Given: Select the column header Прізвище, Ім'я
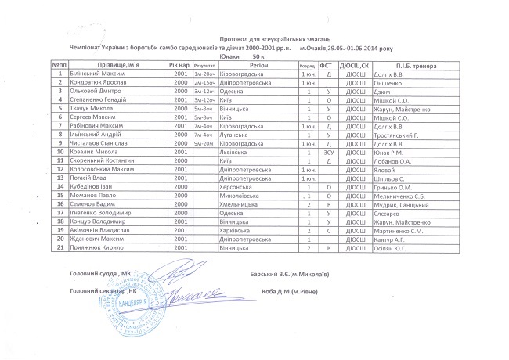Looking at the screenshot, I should tap(114, 65).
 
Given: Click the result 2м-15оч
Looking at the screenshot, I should tap(204, 82).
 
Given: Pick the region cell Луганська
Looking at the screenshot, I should tap(235, 134).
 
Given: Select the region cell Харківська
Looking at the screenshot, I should tap(236, 229).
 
